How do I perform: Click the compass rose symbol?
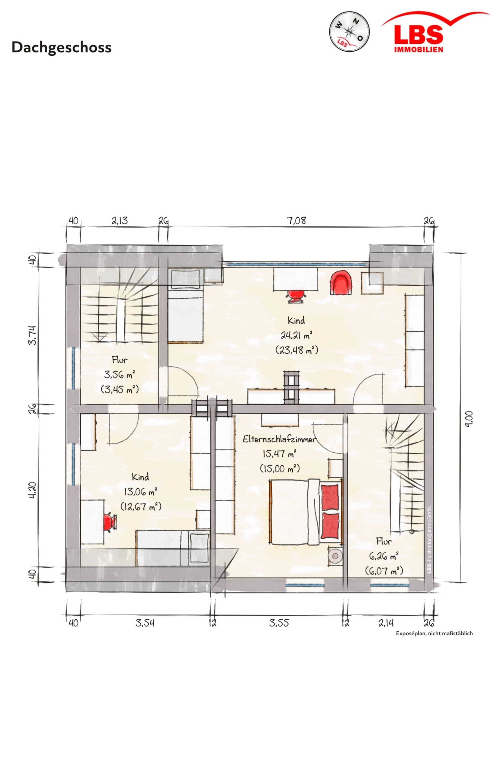click(x=349, y=32)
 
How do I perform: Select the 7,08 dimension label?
click(x=296, y=221)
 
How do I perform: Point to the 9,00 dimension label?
click(x=469, y=419)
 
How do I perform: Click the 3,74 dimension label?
click(x=33, y=335)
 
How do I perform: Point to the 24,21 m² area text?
click(x=296, y=335)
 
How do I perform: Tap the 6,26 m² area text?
click(x=384, y=556)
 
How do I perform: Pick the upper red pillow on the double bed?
click(x=330, y=498)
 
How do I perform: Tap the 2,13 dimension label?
click(x=120, y=221)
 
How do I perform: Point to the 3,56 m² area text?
click(x=119, y=374)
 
